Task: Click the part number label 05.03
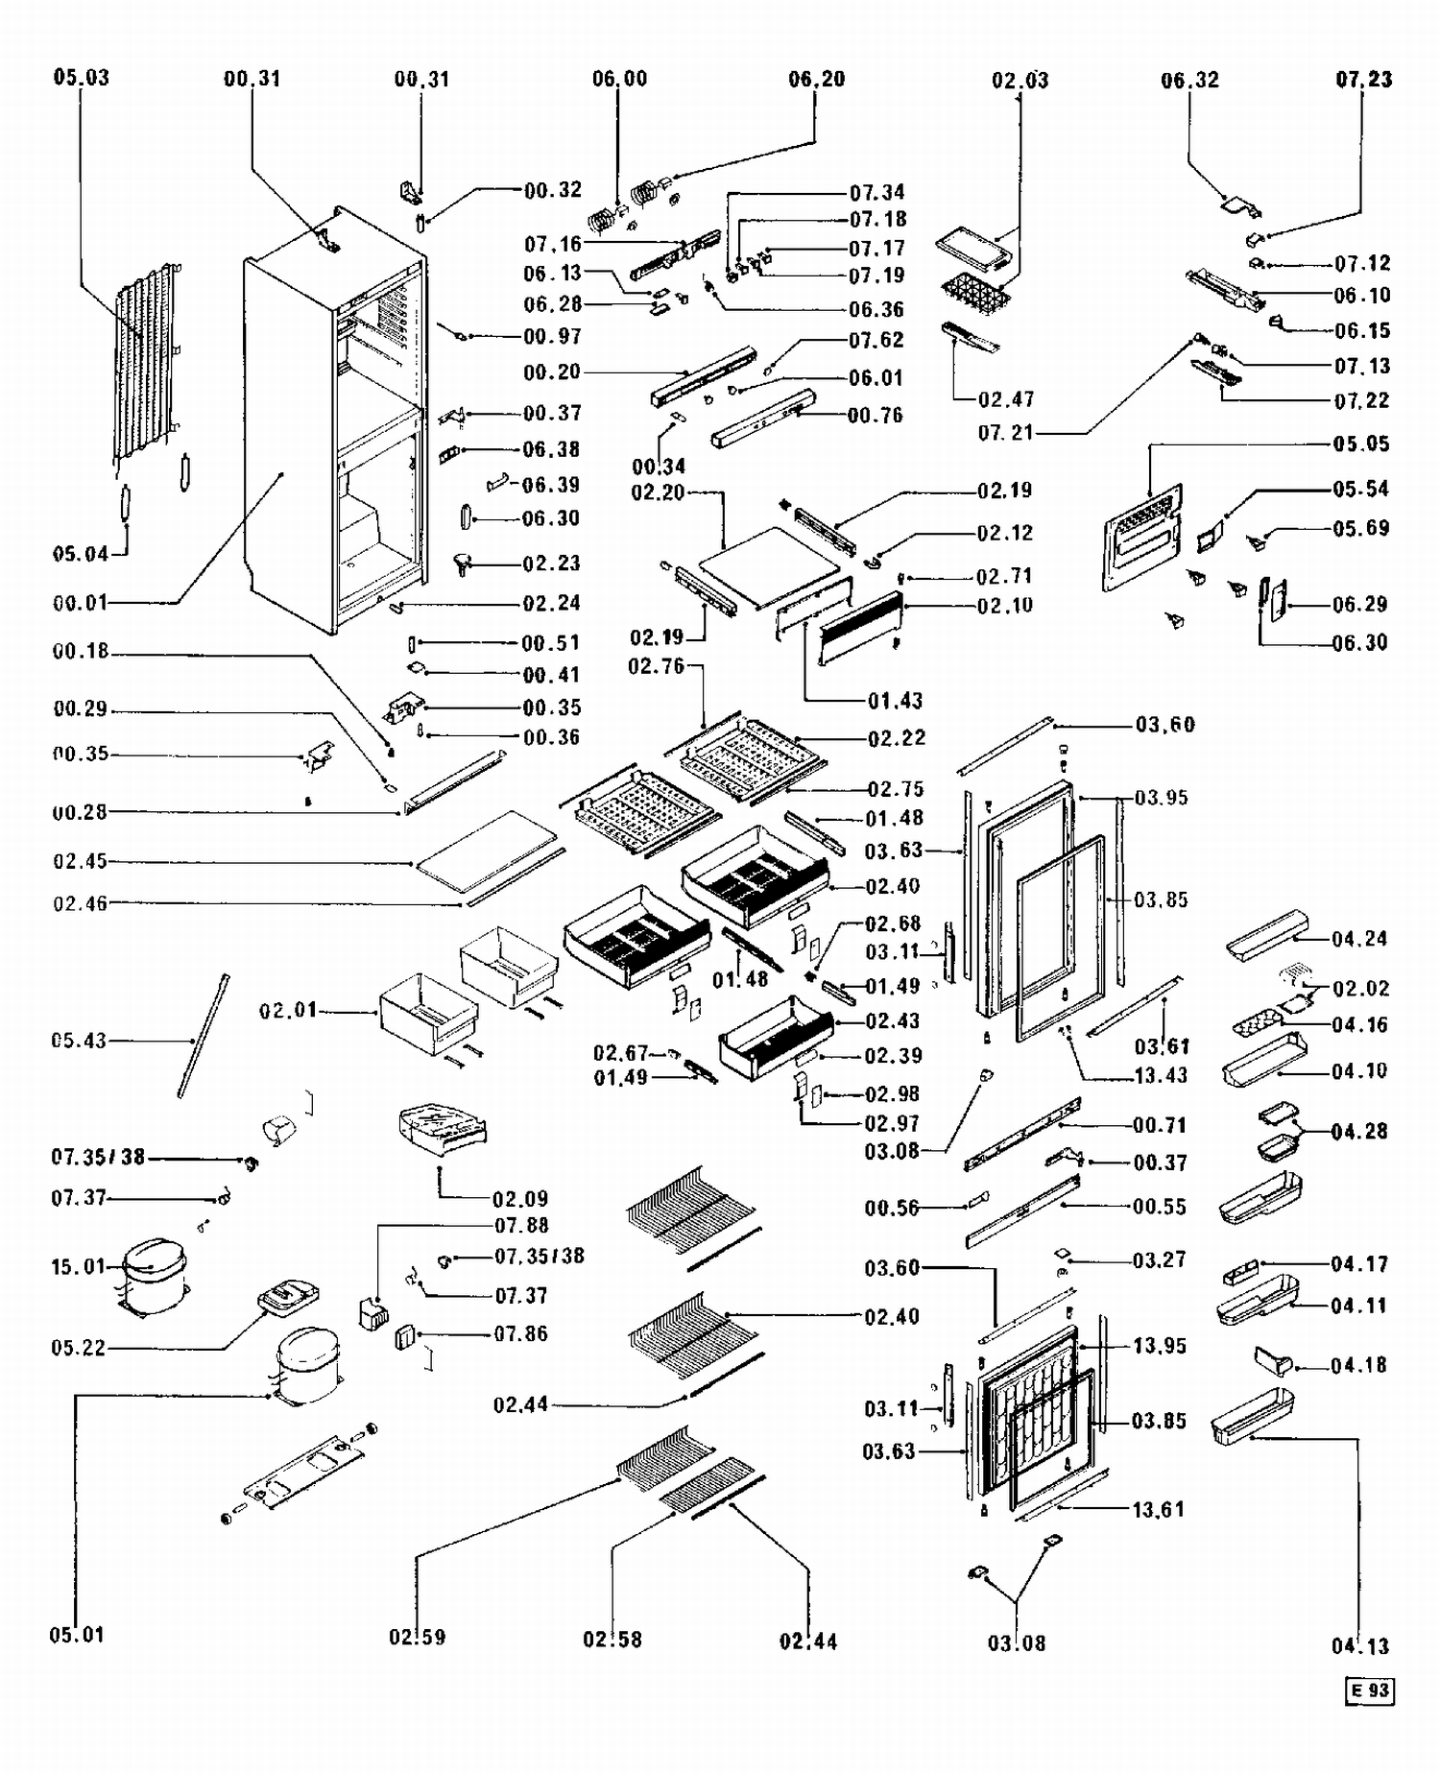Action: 81,78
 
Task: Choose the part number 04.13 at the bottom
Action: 1359,1645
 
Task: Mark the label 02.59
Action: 417,1637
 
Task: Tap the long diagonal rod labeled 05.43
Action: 203,1037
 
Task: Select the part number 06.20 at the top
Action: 816,80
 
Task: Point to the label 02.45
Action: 81,861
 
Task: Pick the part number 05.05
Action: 1360,443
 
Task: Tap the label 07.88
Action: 521,1226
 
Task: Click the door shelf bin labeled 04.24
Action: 1267,935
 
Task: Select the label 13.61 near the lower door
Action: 1158,1510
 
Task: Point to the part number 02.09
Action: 520,1199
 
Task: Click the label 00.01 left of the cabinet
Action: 81,603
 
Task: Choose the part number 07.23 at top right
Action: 1363,80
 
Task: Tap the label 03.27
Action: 1159,1259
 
